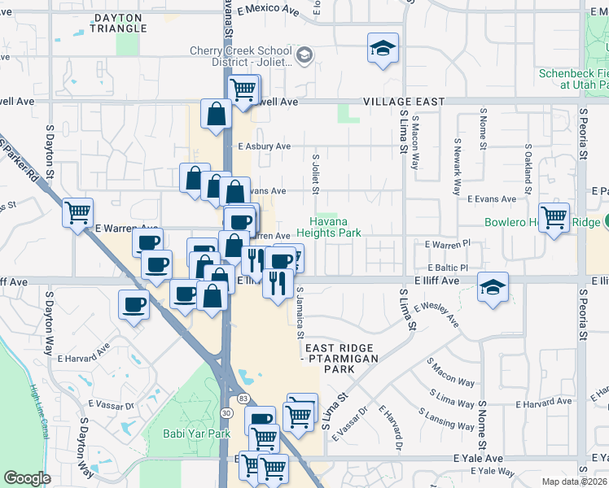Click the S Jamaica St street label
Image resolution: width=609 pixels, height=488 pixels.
point(300,312)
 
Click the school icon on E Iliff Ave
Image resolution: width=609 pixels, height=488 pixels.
point(493,287)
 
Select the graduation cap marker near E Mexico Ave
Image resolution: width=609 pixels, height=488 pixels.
point(382,48)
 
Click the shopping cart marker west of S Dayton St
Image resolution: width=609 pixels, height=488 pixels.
point(78,213)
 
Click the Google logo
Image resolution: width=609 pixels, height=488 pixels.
point(27,478)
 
